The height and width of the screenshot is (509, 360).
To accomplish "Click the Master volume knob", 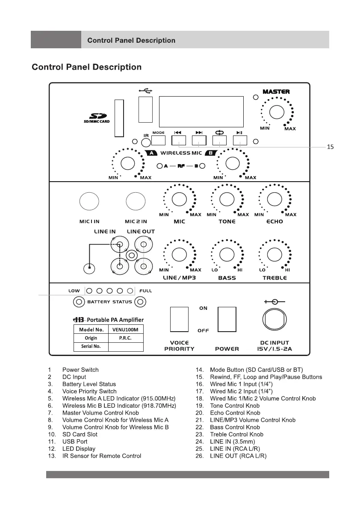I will point(276,112).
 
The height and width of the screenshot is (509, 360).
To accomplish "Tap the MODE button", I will point(159,140).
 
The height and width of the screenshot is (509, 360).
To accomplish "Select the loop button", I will point(219,140).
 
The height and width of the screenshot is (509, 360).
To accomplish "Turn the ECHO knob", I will point(274,199).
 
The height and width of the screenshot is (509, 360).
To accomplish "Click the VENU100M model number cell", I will point(125,330).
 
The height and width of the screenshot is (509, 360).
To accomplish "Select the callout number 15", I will point(330,147).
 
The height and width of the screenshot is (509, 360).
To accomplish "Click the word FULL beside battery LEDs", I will point(146,291).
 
